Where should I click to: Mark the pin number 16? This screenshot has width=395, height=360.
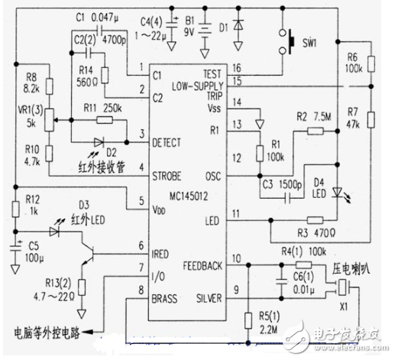237,66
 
